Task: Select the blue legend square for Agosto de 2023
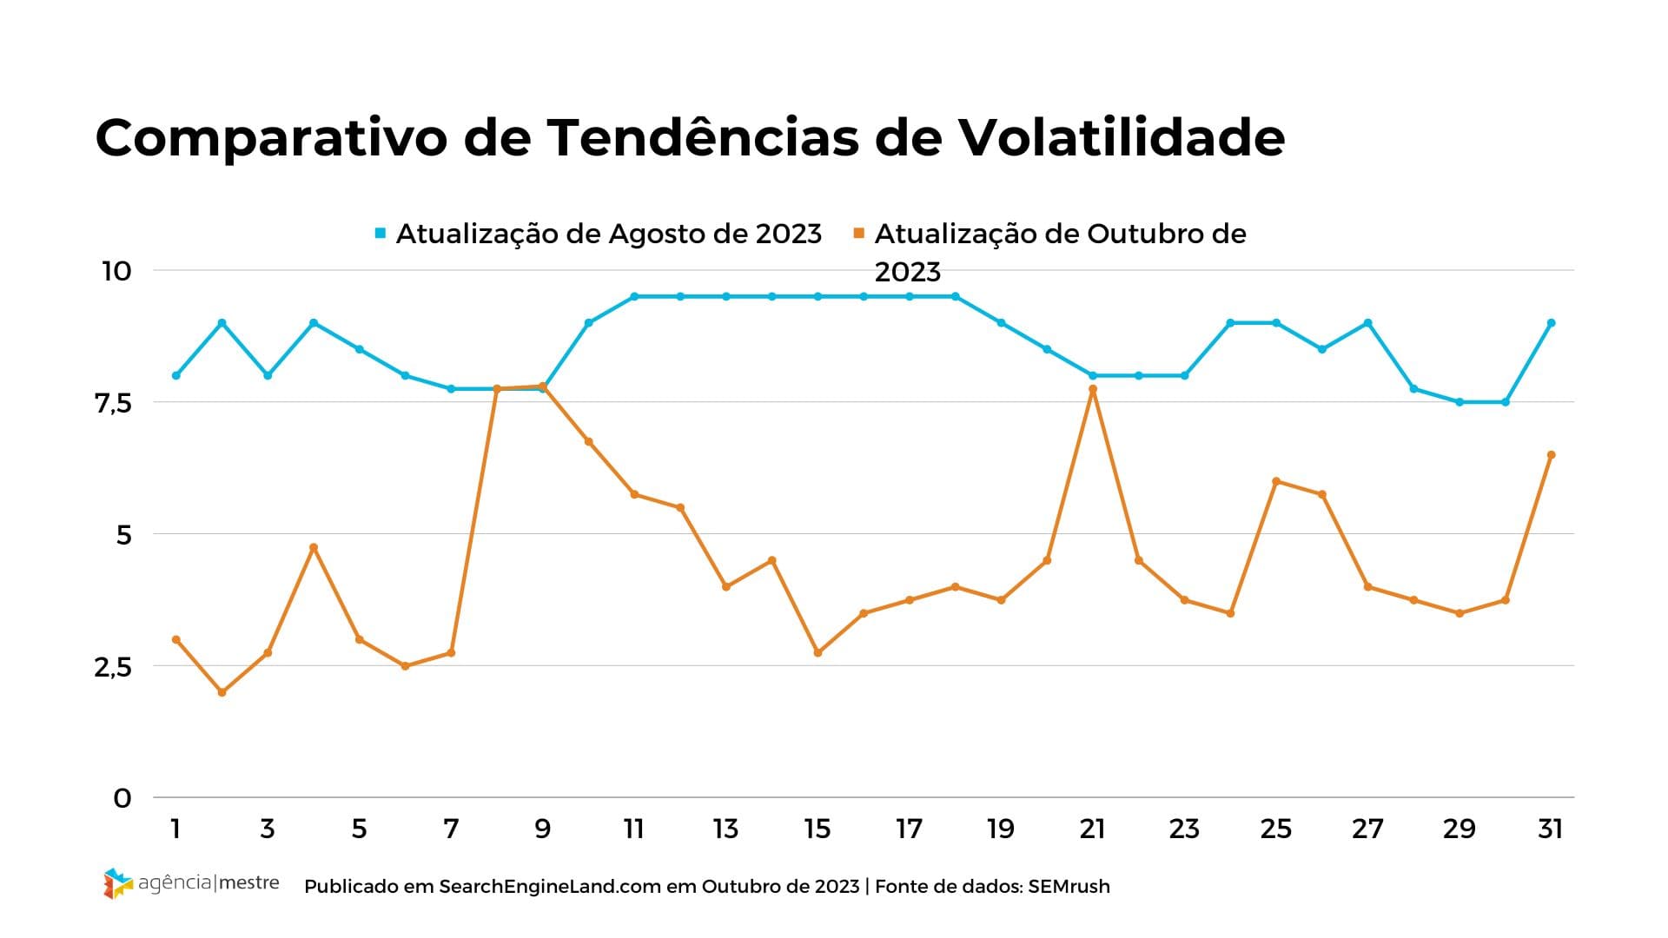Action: pyautogui.click(x=381, y=233)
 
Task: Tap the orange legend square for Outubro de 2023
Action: pyautogui.click(x=859, y=233)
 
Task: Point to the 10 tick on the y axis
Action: pyautogui.click(x=117, y=271)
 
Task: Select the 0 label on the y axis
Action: pyautogui.click(x=122, y=798)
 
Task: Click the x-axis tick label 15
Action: pyautogui.click(x=817, y=829)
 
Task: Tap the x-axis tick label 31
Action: pyautogui.click(x=1551, y=829)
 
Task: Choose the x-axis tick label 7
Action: pyautogui.click(x=451, y=829)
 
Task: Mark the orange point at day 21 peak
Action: pyautogui.click(x=1093, y=389)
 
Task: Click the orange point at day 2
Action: pyautogui.click(x=222, y=692)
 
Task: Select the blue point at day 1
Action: pyautogui.click(x=176, y=375)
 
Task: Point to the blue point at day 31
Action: pyautogui.click(x=1551, y=323)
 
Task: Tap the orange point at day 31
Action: pyautogui.click(x=1551, y=455)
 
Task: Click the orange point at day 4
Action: pyautogui.click(x=314, y=547)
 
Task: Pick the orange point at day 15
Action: pyautogui.click(x=817, y=652)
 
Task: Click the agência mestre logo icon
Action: pyautogui.click(x=118, y=883)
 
